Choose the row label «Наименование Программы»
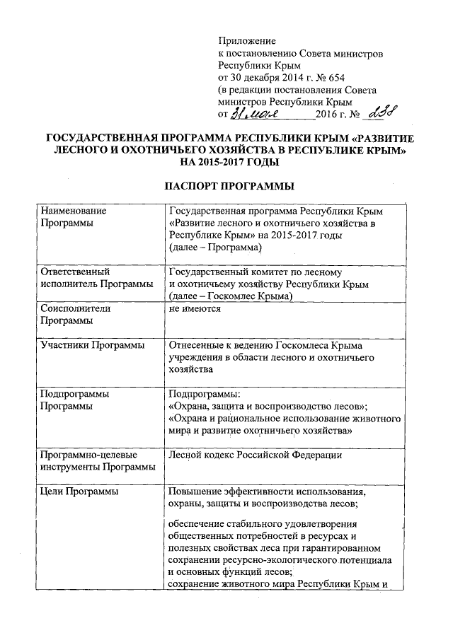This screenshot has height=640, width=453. (74, 218)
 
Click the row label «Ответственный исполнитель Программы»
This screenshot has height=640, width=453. (96, 278)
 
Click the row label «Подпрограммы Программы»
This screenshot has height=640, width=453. (75, 400)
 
